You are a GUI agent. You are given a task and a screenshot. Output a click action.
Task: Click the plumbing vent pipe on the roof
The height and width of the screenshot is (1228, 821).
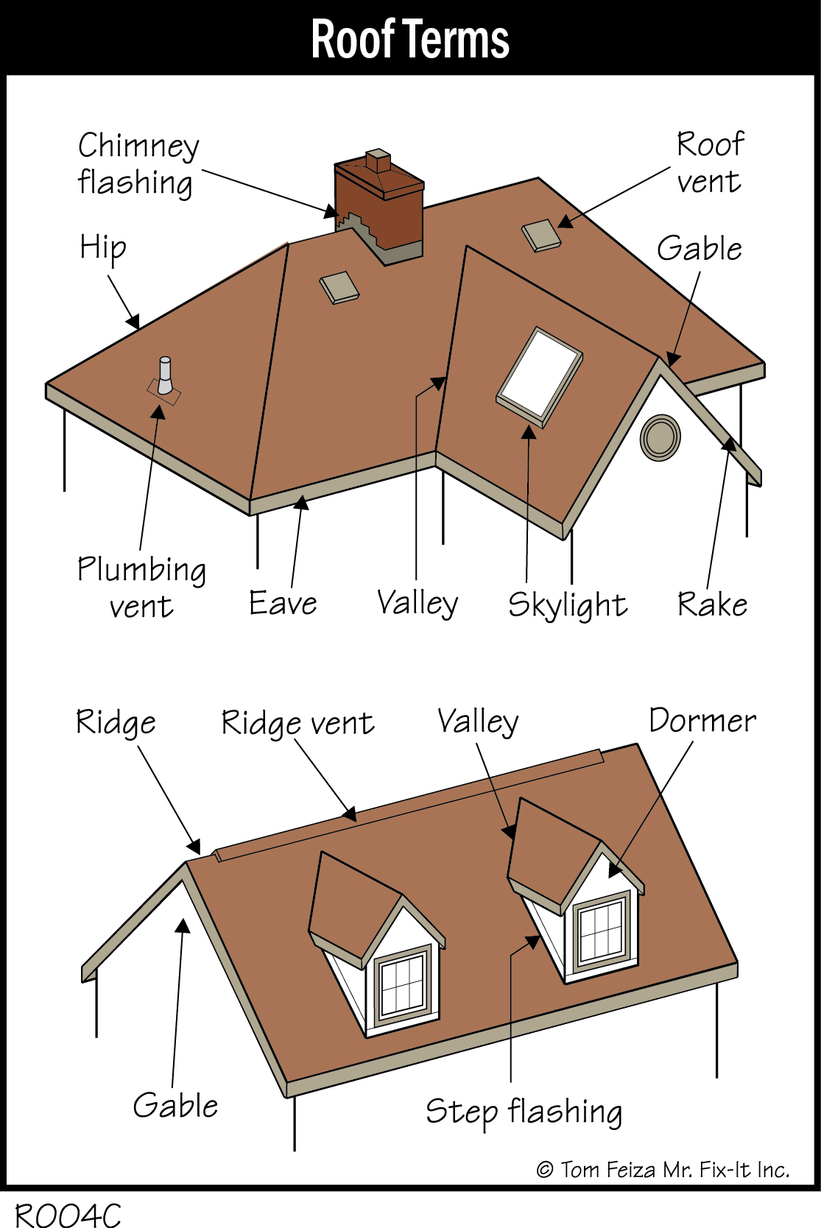point(165,377)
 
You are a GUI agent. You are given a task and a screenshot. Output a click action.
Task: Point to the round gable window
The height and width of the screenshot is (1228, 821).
point(660,437)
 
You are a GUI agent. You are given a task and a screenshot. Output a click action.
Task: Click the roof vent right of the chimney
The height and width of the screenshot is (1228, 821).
point(541,235)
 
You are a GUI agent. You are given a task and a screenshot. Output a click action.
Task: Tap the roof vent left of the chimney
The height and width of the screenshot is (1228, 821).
point(339,287)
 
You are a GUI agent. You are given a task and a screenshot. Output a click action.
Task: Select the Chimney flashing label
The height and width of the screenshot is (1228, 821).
point(138,164)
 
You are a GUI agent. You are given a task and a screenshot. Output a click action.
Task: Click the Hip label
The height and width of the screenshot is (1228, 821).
point(103,248)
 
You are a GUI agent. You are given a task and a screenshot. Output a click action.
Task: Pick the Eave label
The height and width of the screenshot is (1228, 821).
point(283,603)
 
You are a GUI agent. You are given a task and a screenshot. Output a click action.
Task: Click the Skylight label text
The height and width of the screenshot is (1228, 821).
point(567,605)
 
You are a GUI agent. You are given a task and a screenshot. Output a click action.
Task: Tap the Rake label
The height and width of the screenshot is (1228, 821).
point(712,604)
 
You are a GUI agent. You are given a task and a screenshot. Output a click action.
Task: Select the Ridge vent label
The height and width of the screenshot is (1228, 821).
point(297,723)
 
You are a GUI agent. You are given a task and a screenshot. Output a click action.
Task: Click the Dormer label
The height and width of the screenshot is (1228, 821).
point(702,721)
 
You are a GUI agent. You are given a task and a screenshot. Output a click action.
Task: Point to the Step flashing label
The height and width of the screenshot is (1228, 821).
point(524,1112)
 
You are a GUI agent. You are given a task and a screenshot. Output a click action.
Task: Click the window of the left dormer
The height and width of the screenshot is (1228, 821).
point(403,984)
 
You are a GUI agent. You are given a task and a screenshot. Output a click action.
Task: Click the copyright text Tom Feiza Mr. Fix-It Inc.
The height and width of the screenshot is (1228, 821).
point(663,1169)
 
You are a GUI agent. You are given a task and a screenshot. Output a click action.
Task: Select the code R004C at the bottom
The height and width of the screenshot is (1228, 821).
point(68,1214)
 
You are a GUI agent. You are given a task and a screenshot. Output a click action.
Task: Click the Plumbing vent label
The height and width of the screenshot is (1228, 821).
point(141,587)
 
